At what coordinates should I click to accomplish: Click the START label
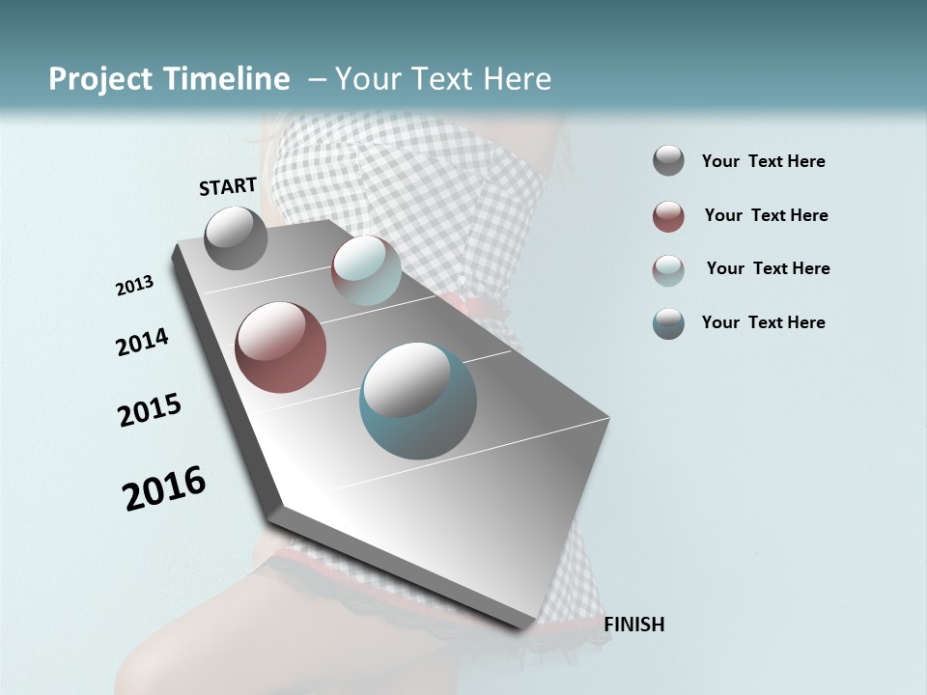[x=228, y=186]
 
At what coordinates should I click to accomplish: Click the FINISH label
[x=633, y=625]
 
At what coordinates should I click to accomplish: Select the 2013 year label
[x=134, y=286]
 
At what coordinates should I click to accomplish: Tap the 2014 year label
[x=142, y=343]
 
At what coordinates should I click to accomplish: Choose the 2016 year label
[x=164, y=488]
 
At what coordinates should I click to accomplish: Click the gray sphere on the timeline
[x=236, y=238]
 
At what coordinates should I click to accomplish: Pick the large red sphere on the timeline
[x=280, y=347]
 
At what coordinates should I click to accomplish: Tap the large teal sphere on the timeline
[x=418, y=401]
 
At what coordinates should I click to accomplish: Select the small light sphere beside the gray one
[x=366, y=270]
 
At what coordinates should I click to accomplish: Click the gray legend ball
[x=668, y=161]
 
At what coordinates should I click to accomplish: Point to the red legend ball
[x=668, y=216]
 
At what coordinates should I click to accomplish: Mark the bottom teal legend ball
[x=668, y=323]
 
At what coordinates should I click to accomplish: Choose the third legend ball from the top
[x=668, y=270]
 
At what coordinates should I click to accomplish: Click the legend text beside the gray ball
[x=763, y=161]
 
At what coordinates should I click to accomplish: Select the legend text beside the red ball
[x=766, y=215]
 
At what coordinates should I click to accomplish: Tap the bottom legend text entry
[x=763, y=322]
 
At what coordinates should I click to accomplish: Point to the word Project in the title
[x=101, y=79]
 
